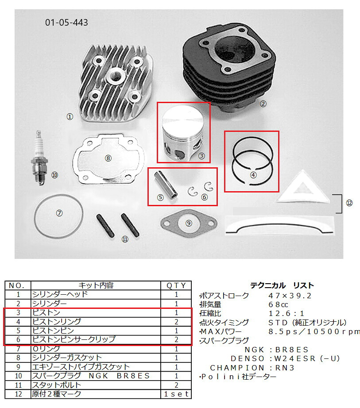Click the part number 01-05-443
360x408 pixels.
(x=66, y=23)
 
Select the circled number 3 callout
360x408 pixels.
(x=201, y=156)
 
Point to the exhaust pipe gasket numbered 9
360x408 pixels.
(x=189, y=223)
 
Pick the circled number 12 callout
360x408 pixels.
(x=349, y=203)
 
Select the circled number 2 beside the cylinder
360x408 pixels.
(x=263, y=104)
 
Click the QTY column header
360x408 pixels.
(x=176, y=285)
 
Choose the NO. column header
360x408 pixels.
(x=17, y=285)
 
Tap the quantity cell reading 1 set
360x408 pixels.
(x=176, y=394)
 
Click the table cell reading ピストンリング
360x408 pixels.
(x=57, y=322)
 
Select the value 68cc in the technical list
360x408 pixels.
(x=278, y=304)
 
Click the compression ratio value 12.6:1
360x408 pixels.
(x=286, y=313)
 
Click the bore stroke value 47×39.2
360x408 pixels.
(x=290, y=296)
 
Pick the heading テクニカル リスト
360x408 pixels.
(x=282, y=285)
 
